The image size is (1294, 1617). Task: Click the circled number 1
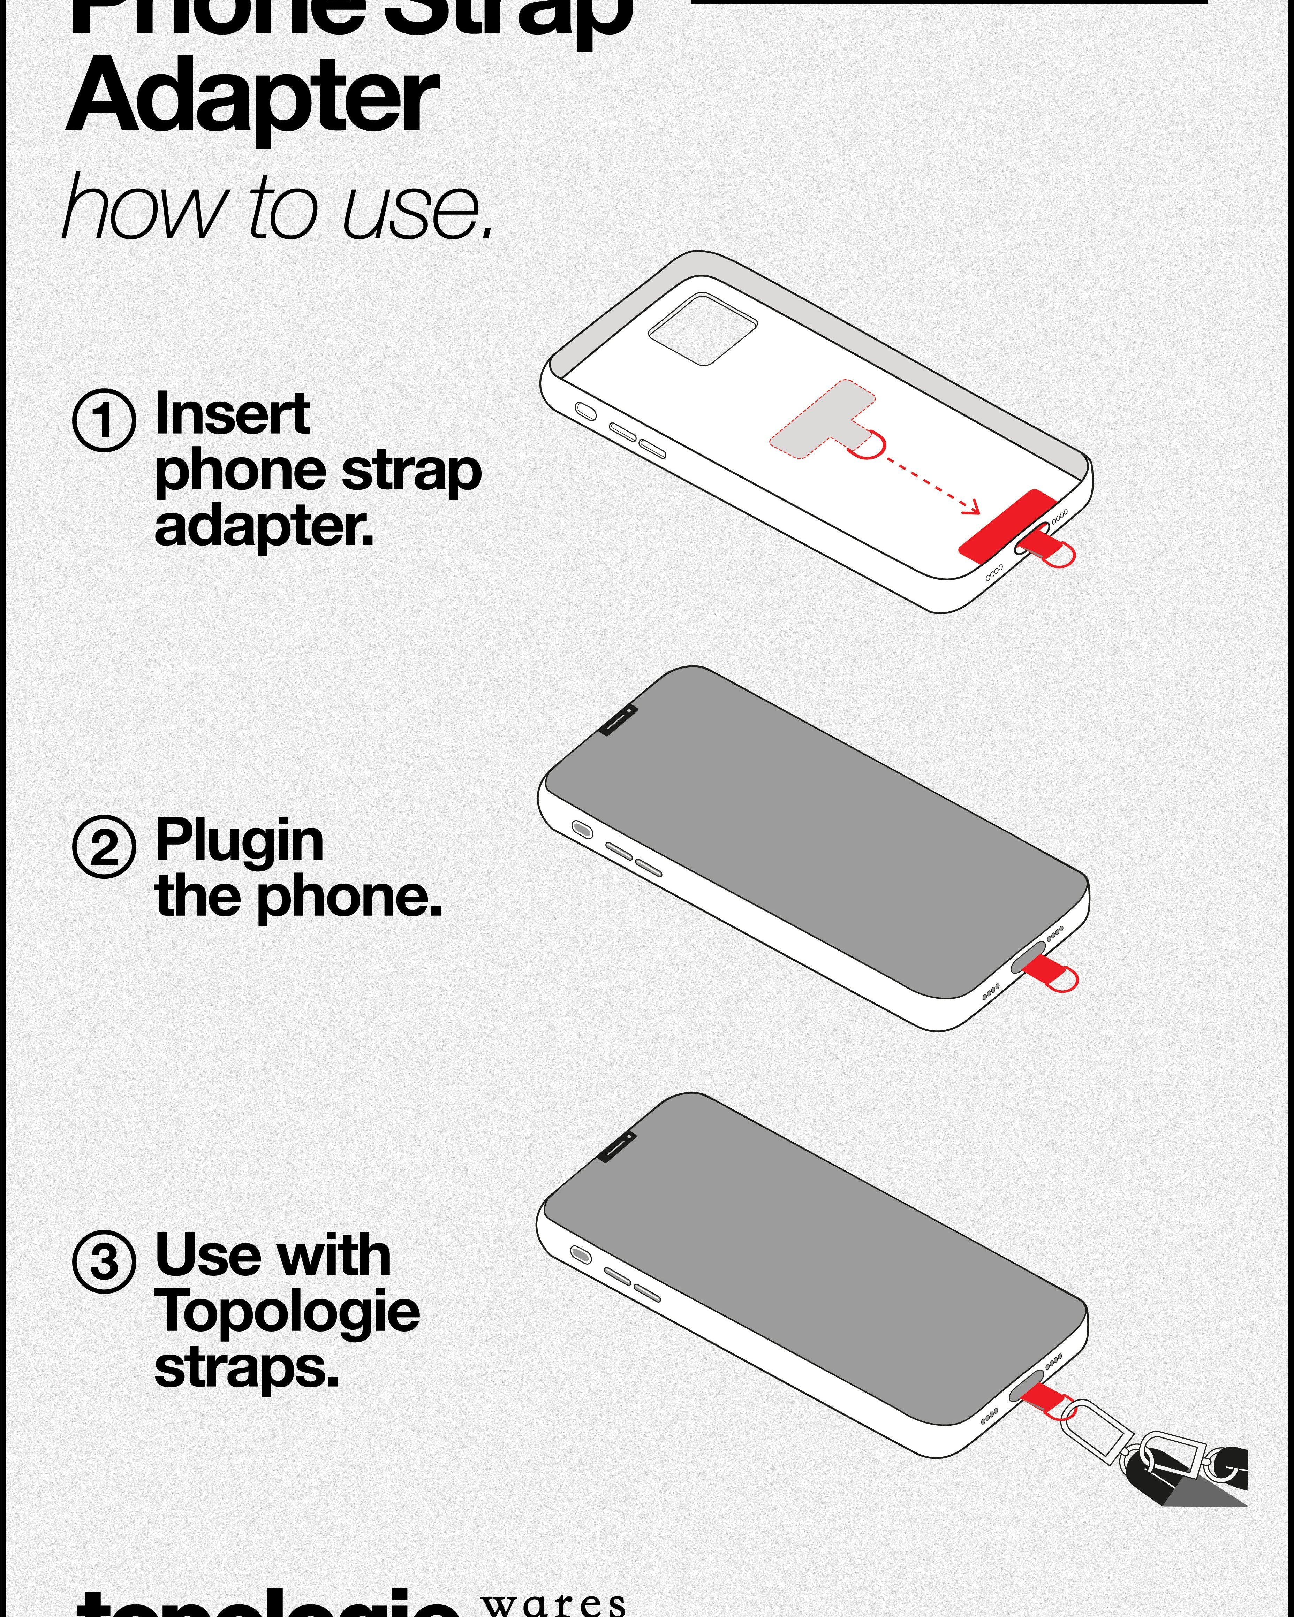104,420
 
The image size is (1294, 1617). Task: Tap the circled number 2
104,846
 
